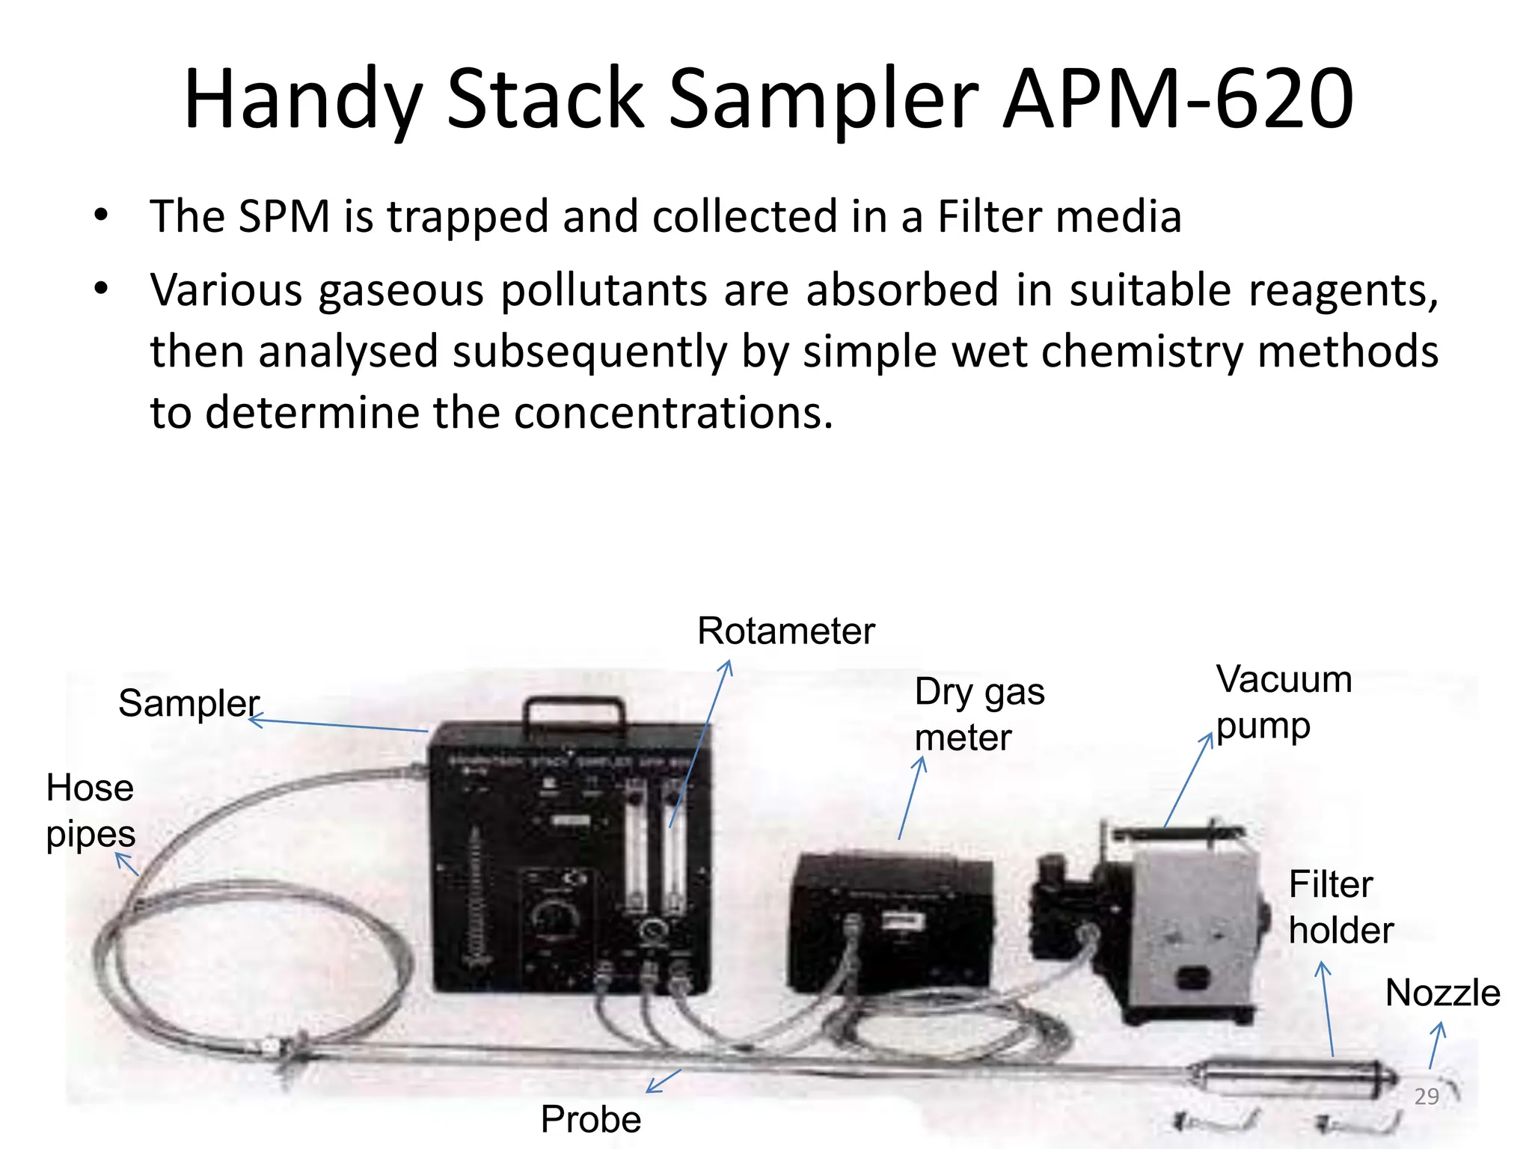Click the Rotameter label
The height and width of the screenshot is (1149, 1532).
pyautogui.click(x=785, y=631)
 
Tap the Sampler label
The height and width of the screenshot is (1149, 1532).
pyautogui.click(x=189, y=703)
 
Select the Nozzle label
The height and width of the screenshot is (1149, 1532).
pyautogui.click(x=1442, y=993)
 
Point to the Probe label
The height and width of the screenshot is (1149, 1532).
pyautogui.click(x=591, y=1120)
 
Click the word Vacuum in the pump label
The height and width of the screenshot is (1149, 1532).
pyautogui.click(x=1284, y=680)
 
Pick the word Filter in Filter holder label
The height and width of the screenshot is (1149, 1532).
pyautogui.click(x=1331, y=885)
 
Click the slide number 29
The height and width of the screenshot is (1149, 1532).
pyautogui.click(x=1427, y=1097)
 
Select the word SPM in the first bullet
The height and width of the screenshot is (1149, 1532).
pyautogui.click(x=284, y=217)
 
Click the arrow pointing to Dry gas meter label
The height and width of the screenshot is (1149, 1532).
pyautogui.click(x=910, y=798)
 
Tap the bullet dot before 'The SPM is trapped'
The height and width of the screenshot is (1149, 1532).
pyautogui.click(x=102, y=216)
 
